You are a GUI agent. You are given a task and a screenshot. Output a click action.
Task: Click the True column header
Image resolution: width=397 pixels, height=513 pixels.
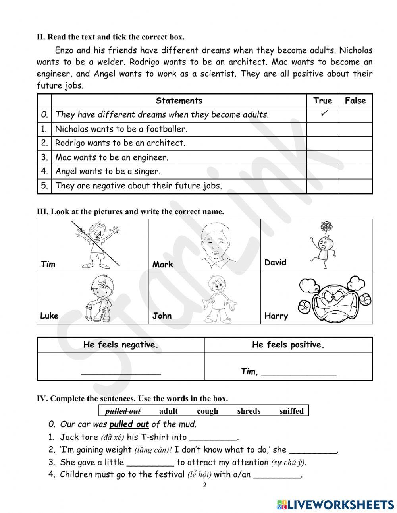point(322,101)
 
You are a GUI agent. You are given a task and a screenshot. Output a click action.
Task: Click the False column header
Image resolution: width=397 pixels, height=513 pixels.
point(355,101)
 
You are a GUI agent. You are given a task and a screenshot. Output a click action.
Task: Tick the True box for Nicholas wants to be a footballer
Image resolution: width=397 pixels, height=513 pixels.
point(322,129)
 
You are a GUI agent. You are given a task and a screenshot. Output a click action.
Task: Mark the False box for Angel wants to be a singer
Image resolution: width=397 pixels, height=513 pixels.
point(355,172)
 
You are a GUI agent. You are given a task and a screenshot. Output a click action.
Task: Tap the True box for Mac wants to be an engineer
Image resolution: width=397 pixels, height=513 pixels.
point(322,157)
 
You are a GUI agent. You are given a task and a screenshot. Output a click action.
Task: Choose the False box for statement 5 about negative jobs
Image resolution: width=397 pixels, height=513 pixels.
point(355,186)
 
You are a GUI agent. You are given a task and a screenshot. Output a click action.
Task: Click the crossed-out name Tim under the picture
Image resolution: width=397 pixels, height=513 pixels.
point(48,264)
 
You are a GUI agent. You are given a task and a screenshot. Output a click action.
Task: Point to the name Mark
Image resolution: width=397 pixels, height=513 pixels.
point(162,264)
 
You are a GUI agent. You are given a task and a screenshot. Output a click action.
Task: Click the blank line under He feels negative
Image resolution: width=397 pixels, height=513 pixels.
point(121,372)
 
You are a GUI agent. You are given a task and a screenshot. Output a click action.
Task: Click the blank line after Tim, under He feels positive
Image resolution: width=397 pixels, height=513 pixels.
point(299,373)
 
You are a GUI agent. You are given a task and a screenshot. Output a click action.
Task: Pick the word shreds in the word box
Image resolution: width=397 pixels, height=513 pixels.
point(249,411)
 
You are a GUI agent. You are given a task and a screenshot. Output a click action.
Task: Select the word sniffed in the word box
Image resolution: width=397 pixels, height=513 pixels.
point(291,411)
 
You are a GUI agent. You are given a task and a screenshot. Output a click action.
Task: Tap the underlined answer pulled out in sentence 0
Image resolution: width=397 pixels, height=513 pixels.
point(129,424)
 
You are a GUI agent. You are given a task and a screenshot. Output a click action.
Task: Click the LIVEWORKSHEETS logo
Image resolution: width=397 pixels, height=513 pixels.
point(335,504)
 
